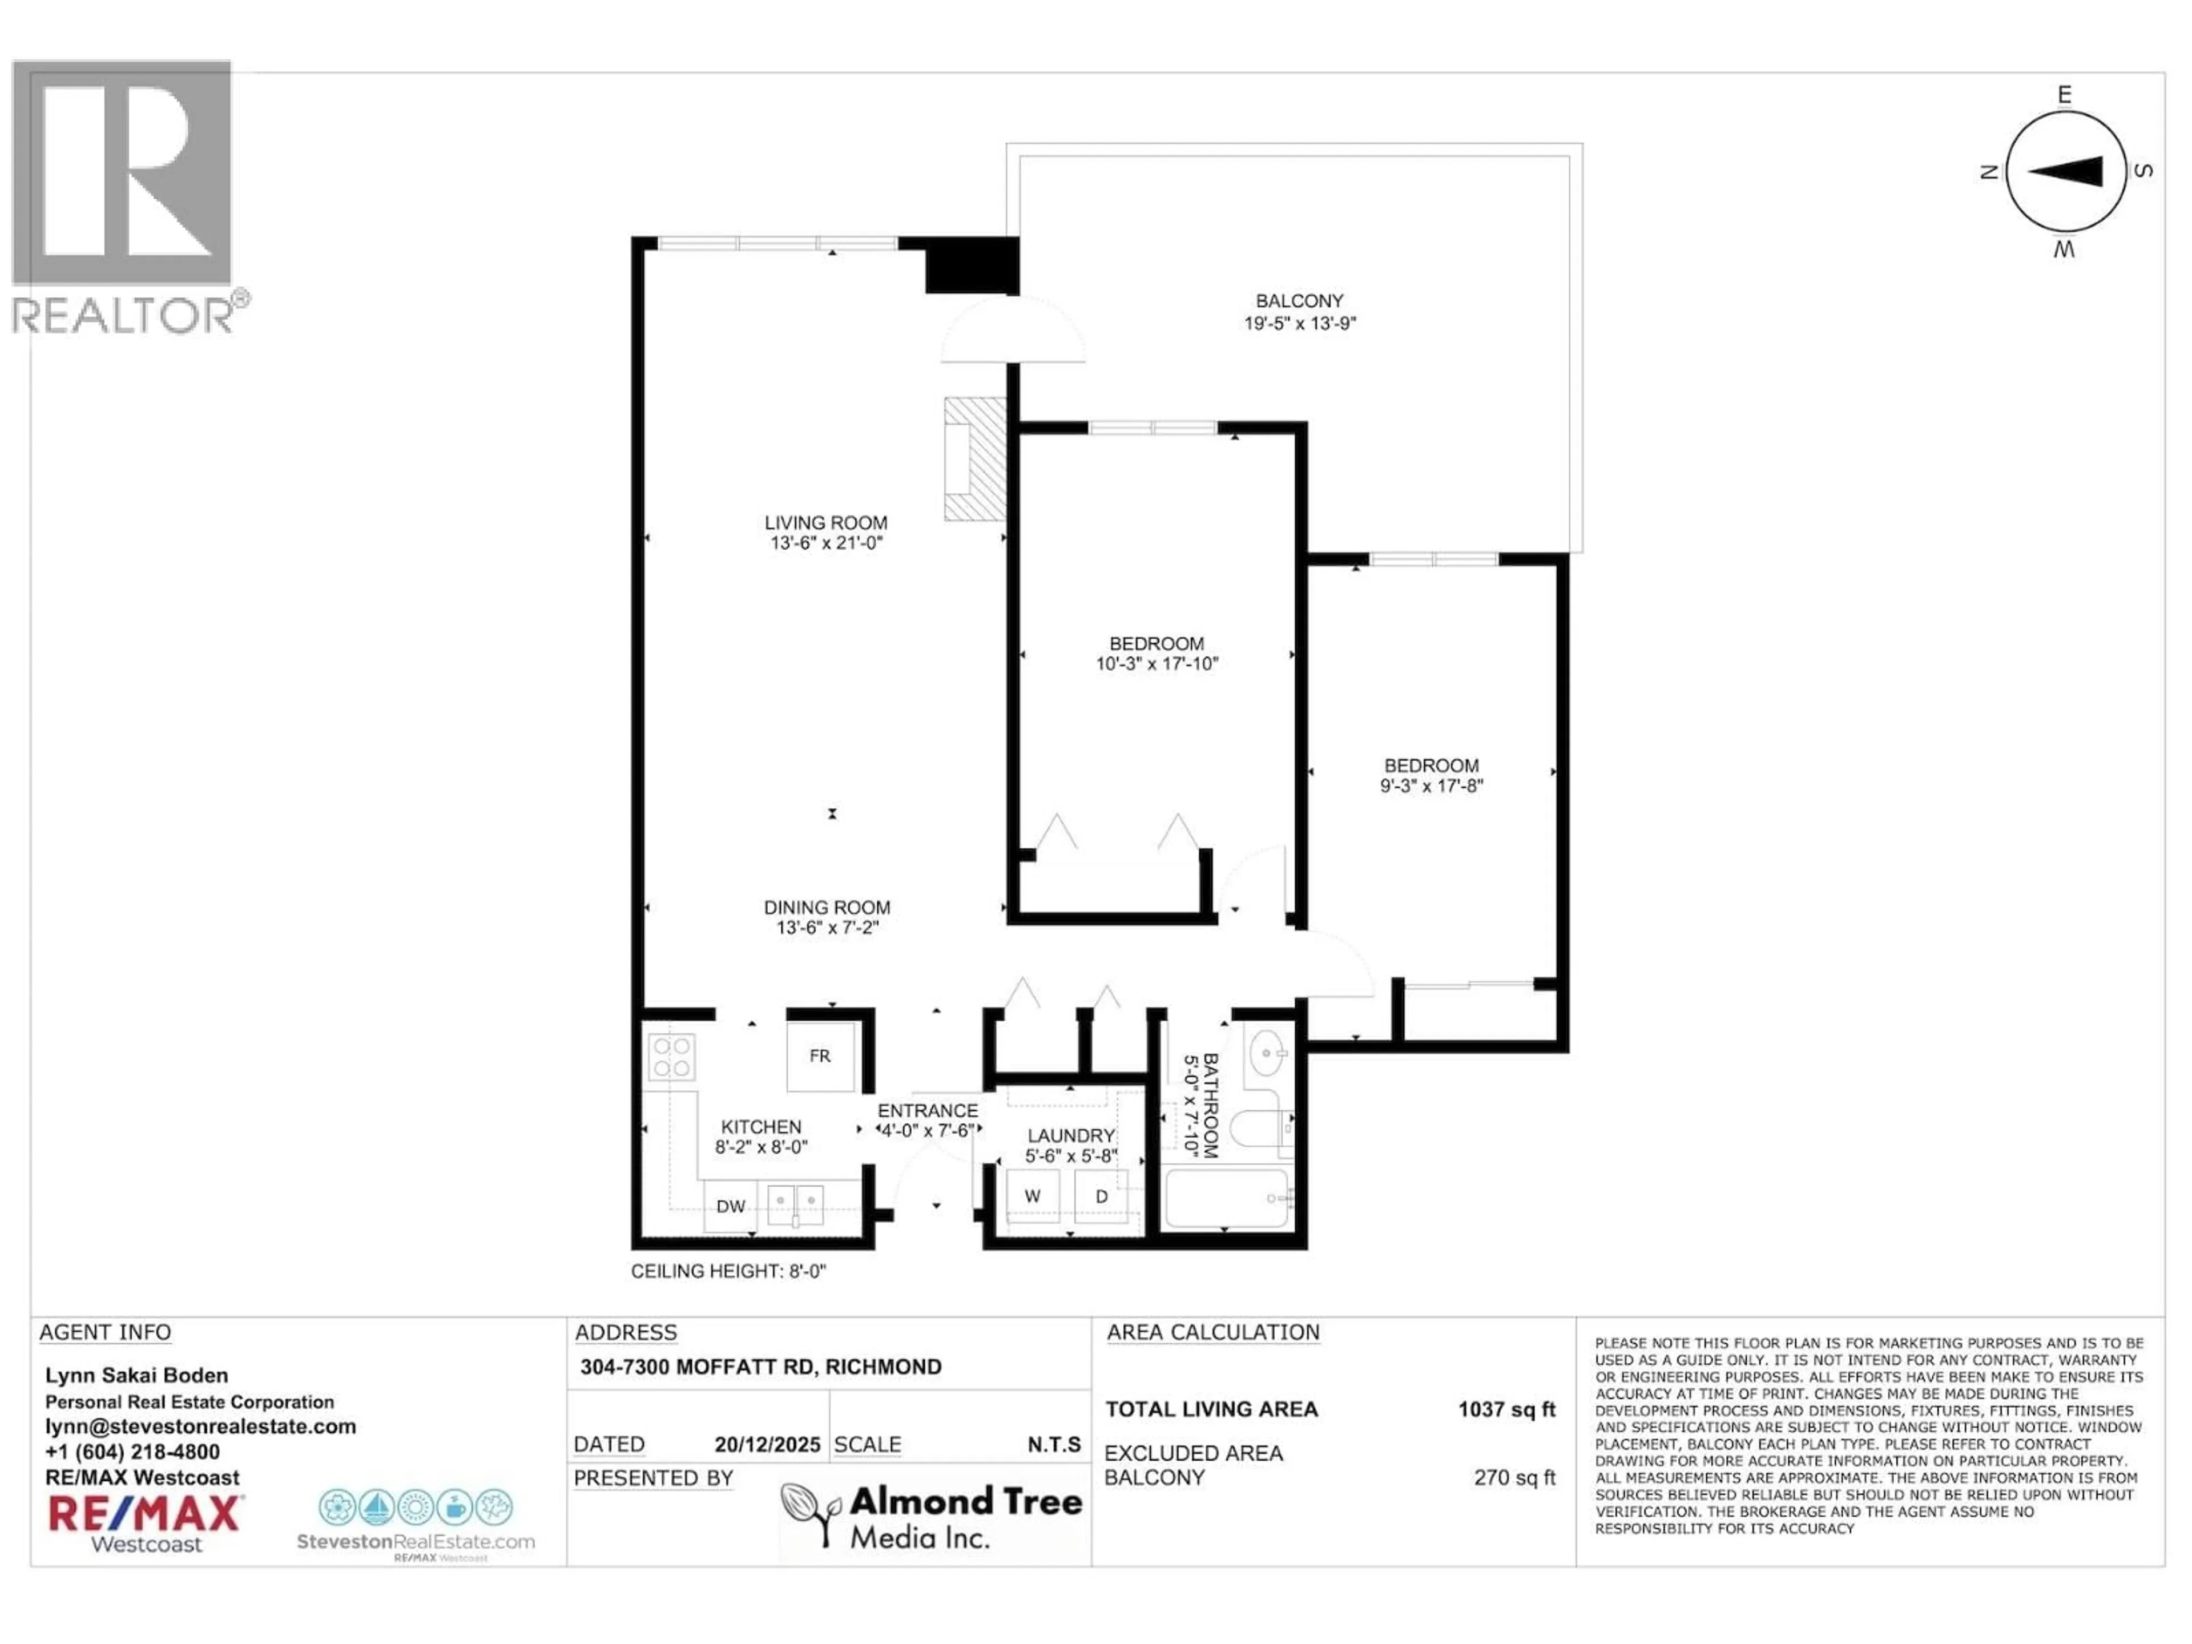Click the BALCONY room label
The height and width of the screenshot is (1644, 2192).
pos(1299,300)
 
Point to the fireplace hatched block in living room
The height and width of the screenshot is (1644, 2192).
pos(975,459)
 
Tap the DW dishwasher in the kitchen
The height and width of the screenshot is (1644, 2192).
pos(730,1206)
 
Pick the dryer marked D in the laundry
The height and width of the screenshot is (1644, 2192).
pos(1101,1196)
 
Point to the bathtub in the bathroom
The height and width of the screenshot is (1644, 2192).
pos(1227,1198)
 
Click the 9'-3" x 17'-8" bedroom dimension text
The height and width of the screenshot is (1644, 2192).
pos(1431,786)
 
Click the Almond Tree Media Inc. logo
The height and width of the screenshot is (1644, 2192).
pos(932,1516)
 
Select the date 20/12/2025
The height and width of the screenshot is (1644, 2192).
pos(767,1445)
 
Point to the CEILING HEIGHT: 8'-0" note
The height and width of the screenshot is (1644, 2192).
pos(728,1271)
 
